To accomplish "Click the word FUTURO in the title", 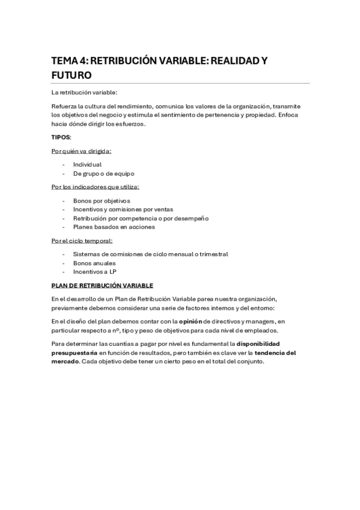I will click(x=71, y=76).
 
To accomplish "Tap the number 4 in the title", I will click(x=82, y=62).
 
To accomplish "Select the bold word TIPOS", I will click(x=61, y=137).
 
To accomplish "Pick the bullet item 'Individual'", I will click(x=87, y=164).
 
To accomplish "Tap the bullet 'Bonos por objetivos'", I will click(x=101, y=200).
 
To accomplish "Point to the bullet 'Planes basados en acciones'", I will click(x=114, y=227).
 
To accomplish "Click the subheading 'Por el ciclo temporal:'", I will click(x=82, y=241).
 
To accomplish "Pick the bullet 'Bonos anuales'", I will click(x=94, y=263).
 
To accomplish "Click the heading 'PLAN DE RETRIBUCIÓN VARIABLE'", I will click(x=102, y=285).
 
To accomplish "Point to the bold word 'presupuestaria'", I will click(x=74, y=352).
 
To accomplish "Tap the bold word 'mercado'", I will click(x=66, y=361).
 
